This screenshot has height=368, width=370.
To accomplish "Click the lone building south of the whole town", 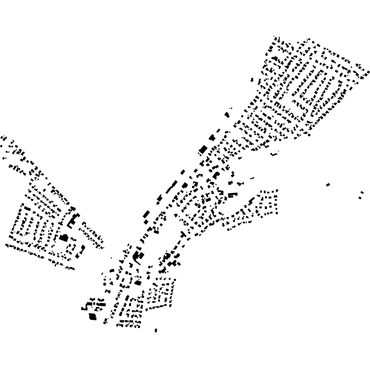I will (x=156, y=330).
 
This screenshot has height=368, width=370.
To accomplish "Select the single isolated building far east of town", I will (x=328, y=184).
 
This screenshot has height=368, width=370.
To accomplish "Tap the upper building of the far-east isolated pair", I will (x=362, y=193).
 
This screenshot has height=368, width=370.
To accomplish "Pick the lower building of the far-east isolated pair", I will (x=360, y=198).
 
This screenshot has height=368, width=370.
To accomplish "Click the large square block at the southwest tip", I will (x=93, y=317).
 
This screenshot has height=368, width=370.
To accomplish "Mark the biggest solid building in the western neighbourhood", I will (x=64, y=238).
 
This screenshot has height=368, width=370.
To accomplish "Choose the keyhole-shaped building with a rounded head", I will (x=82, y=249).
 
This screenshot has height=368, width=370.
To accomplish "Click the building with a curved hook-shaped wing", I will (x=137, y=257).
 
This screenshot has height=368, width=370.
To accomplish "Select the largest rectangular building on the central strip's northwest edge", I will (x=203, y=150).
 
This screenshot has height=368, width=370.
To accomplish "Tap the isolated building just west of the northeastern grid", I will (x=252, y=80).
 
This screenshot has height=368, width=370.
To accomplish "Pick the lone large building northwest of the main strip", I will (x=227, y=115).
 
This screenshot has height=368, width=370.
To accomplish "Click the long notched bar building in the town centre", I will (x=232, y=195).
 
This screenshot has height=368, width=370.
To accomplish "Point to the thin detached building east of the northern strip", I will (x=274, y=154).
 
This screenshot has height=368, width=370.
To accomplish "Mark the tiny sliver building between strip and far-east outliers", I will (x=252, y=178).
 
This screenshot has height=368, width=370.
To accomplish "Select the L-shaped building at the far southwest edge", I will (x=84, y=307).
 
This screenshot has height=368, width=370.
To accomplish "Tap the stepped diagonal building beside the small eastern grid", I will (x=251, y=200).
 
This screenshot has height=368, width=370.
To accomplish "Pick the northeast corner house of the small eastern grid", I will (x=276, y=191).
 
